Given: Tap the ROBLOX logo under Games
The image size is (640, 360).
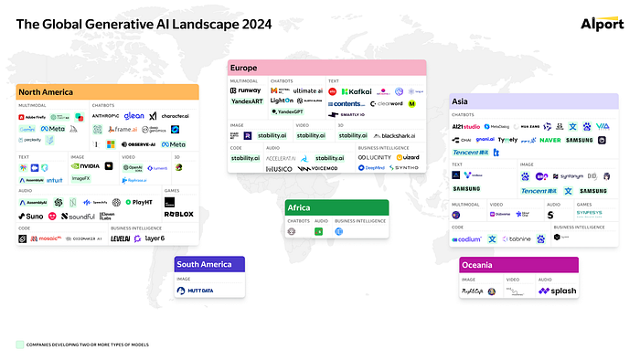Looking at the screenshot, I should coord(178,214).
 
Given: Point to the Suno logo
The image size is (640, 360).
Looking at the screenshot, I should coord(30,217).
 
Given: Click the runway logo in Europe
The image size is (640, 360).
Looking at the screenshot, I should coord(249,91).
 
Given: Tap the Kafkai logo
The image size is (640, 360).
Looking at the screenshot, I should coord(357,91).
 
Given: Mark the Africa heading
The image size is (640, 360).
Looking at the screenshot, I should coord(300,207).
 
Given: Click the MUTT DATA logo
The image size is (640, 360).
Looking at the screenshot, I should coord(194,291).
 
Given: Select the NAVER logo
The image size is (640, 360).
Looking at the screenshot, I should coord(550,140).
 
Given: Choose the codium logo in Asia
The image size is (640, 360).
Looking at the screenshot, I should coord(466,239).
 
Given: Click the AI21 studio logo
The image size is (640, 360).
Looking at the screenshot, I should coord(466,126).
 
